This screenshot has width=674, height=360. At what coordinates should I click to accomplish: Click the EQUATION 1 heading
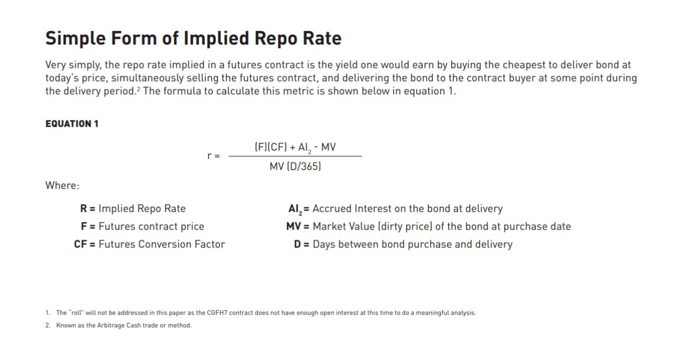coord(72,124)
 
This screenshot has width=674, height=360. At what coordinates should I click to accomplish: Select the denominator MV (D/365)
coord(295,166)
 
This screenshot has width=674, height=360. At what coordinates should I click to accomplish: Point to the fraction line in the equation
coord(295,156)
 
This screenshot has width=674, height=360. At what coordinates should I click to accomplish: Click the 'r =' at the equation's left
coord(214,156)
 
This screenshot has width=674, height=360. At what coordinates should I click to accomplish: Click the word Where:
coord(62,185)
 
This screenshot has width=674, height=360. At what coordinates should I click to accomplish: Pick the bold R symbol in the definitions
coord(84,208)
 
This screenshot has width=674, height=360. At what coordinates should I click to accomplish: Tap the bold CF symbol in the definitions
coord(81,244)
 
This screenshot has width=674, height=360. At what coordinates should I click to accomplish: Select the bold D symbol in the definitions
coord(298,244)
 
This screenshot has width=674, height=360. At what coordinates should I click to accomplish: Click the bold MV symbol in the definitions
coord(293,226)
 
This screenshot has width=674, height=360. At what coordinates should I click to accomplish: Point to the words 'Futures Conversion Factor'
coord(162,244)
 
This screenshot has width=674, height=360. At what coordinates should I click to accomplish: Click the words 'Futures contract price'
coord(151,226)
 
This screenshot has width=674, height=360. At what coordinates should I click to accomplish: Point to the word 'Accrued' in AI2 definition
coord(332,208)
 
